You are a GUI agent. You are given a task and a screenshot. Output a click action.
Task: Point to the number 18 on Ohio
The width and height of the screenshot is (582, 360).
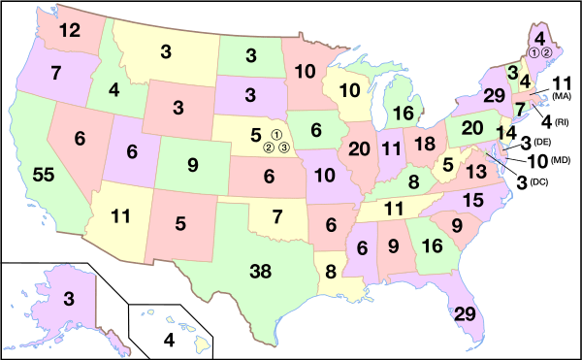[x=424, y=144]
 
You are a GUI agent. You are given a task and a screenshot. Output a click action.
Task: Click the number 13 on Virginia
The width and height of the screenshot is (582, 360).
[x=475, y=172]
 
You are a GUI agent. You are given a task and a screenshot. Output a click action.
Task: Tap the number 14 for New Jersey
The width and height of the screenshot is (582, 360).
[x=505, y=132]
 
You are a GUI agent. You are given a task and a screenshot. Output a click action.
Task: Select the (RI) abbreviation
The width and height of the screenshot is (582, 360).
[x=563, y=123]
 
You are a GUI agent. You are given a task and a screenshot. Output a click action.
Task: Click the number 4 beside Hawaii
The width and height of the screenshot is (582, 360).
[x=169, y=341]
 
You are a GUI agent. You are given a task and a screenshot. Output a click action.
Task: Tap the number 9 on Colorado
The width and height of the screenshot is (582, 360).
[x=192, y=164]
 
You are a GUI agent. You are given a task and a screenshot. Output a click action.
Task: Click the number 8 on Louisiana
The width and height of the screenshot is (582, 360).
[x=330, y=272]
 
